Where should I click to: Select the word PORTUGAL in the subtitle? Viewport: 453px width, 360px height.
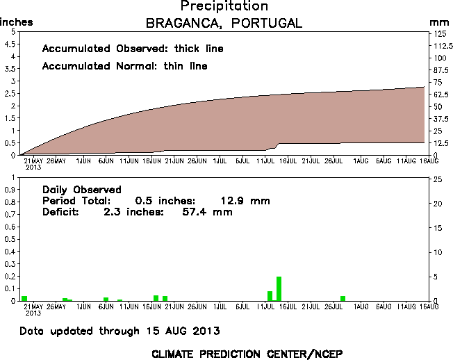point(267,23)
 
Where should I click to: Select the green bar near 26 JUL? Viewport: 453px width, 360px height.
point(343,298)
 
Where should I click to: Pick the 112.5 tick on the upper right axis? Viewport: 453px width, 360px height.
point(439,46)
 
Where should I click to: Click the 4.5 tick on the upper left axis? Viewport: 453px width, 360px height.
point(10,44)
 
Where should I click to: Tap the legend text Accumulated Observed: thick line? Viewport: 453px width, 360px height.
point(133,49)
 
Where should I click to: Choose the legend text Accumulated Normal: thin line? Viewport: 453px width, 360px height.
point(125,67)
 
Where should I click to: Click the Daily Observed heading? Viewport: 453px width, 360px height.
point(82,189)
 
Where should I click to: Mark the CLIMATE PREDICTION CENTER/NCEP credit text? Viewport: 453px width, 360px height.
point(247,354)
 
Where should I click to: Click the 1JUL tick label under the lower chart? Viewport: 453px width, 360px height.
point(220,306)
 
